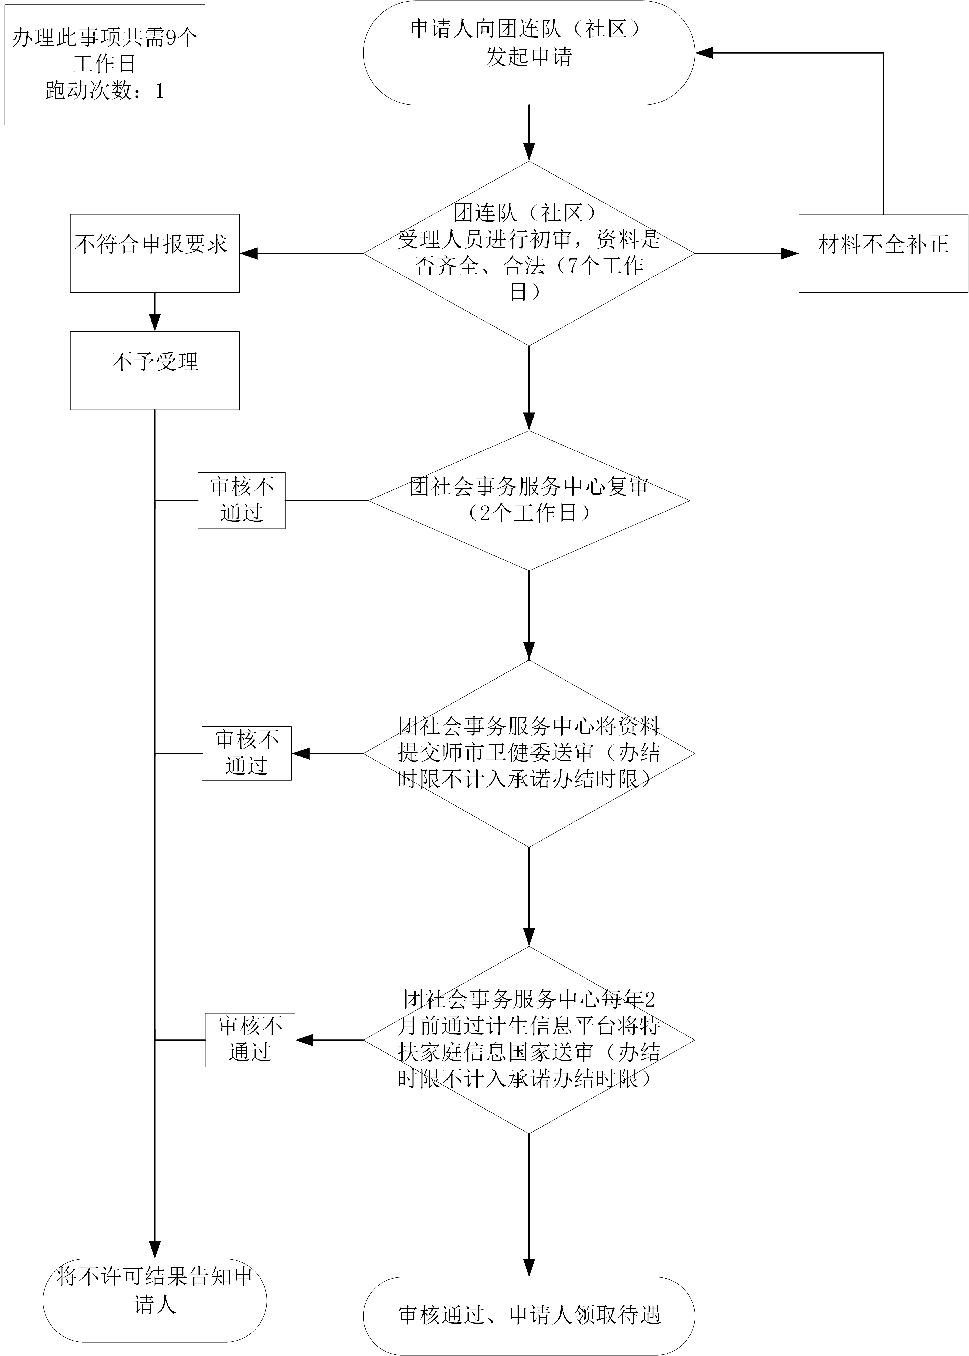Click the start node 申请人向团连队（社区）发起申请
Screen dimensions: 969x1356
click(x=529, y=53)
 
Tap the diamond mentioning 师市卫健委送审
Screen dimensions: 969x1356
click(x=529, y=754)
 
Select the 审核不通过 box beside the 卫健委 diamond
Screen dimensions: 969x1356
click(x=246, y=754)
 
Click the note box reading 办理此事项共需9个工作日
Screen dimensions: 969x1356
click(x=105, y=64)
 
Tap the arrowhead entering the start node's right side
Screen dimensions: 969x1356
click(x=704, y=53)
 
